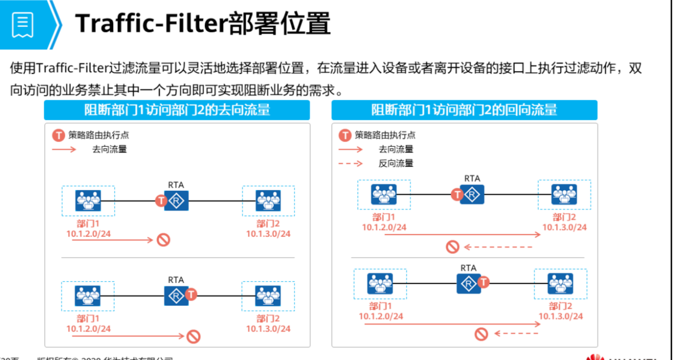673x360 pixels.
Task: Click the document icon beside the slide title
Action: (23, 25)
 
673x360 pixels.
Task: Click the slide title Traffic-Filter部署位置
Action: (203, 24)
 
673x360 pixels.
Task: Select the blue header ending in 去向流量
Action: (177, 110)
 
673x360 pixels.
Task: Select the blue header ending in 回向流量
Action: (464, 110)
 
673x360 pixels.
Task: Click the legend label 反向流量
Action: (395, 163)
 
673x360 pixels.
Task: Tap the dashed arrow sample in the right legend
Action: (350, 163)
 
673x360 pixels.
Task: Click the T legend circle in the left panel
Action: (58, 135)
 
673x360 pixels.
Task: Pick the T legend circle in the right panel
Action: (345, 135)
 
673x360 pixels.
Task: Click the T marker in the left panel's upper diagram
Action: (160, 201)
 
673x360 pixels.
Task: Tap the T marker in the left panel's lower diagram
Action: (191, 294)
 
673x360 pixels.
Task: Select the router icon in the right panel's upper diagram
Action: (472, 194)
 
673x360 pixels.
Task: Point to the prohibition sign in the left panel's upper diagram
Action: (163, 239)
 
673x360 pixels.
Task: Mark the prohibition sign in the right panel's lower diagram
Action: (481, 333)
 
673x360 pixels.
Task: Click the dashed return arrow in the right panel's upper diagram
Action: (498, 247)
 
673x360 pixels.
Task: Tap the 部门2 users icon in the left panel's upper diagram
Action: (268, 201)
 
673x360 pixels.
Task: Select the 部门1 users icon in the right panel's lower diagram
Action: (380, 283)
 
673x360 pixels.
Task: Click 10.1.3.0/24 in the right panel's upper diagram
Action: (565, 227)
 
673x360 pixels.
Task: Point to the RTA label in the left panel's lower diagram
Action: (176, 279)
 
